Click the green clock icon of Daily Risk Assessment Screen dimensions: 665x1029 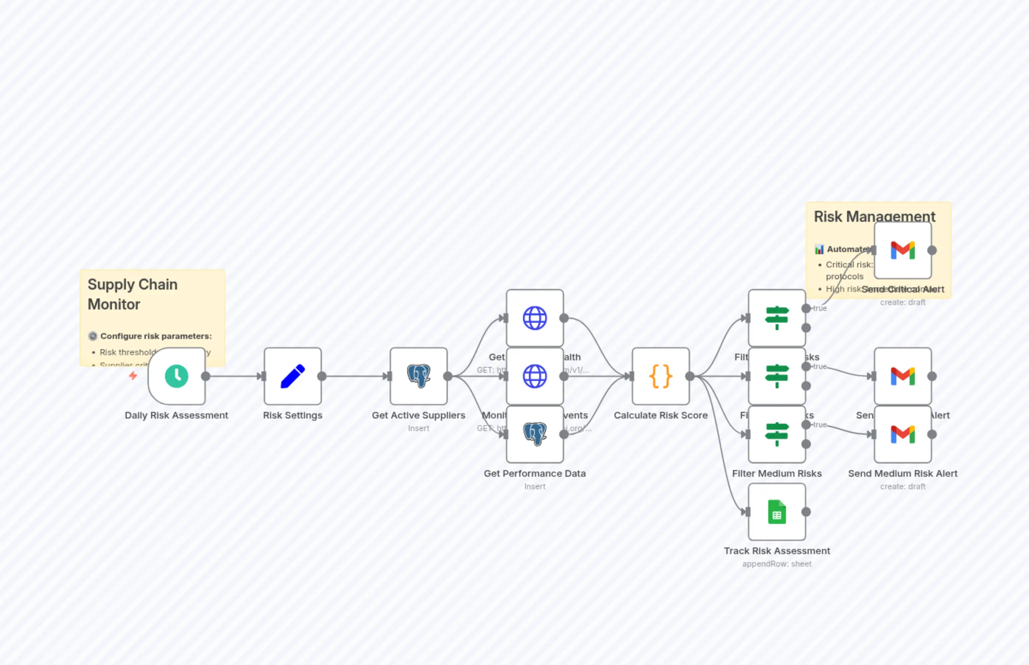point(176,376)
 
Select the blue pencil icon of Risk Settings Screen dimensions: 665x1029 point(293,376)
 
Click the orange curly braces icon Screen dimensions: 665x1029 point(660,376)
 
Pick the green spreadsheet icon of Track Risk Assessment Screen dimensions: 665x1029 point(776,512)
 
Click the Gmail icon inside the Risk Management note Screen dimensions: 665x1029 point(903,250)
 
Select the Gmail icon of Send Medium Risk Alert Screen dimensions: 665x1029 point(903,434)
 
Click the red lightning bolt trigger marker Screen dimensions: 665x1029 point(133,376)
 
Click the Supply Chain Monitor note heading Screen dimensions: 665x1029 point(132,294)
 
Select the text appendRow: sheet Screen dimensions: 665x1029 point(776,564)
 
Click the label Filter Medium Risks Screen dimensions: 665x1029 point(776,473)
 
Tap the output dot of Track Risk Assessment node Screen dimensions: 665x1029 point(806,512)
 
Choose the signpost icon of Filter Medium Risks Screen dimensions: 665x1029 point(776,434)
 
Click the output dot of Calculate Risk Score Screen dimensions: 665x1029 point(690,376)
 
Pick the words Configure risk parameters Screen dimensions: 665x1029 point(156,336)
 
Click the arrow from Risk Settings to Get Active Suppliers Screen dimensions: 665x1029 point(356,376)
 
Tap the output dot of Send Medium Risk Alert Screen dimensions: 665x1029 point(932,434)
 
